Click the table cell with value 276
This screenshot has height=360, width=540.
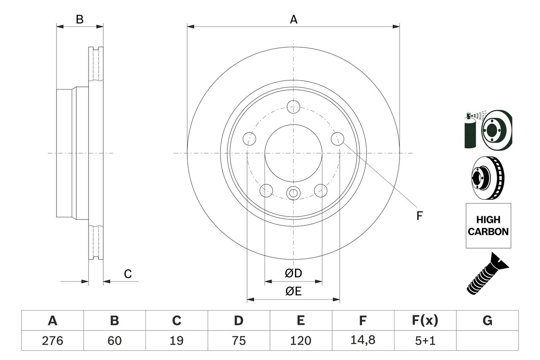(x=52, y=341)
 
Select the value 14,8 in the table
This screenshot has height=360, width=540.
(x=362, y=341)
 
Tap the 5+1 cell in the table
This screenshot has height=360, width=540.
(x=425, y=341)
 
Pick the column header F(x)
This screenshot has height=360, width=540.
(x=425, y=321)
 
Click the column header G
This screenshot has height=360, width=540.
(x=487, y=321)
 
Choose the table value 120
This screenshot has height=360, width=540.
(x=300, y=341)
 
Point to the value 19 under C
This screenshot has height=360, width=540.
(x=176, y=341)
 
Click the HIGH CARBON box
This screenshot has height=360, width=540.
(x=488, y=225)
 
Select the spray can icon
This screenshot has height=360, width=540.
(x=470, y=131)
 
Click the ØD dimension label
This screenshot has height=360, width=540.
(x=294, y=273)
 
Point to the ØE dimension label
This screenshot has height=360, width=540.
(x=294, y=292)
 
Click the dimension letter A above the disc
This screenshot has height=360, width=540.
(x=294, y=19)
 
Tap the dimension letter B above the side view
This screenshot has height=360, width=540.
(x=80, y=19)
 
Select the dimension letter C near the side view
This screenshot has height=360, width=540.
(x=128, y=274)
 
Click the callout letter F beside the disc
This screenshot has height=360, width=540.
(x=419, y=216)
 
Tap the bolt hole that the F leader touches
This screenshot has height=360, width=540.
(x=338, y=138)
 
